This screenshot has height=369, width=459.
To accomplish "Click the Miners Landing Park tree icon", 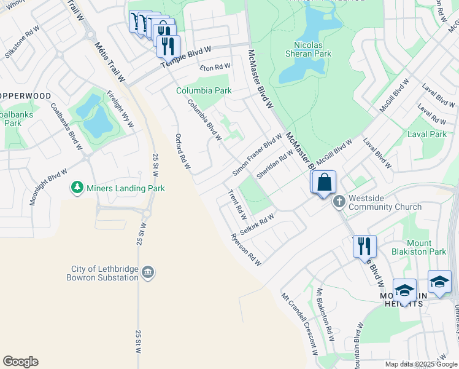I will click(77, 187).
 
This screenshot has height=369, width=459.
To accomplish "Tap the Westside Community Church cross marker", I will click(339, 201).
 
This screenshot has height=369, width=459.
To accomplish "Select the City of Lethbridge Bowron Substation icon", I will click(147, 272).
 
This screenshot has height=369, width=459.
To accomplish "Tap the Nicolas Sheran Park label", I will click(307, 49).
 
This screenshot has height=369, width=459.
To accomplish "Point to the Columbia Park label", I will click(204, 90).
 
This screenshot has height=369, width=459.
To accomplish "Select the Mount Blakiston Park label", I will click(426, 247).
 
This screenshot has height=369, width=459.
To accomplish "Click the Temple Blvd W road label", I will click(185, 57).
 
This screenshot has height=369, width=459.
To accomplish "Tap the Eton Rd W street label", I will click(214, 66).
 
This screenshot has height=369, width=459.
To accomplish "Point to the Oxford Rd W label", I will click(183, 152).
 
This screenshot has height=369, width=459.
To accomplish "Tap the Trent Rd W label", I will click(237, 205).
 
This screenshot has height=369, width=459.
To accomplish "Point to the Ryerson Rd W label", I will click(246, 250).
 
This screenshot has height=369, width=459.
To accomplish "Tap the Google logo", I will click(20, 362).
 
